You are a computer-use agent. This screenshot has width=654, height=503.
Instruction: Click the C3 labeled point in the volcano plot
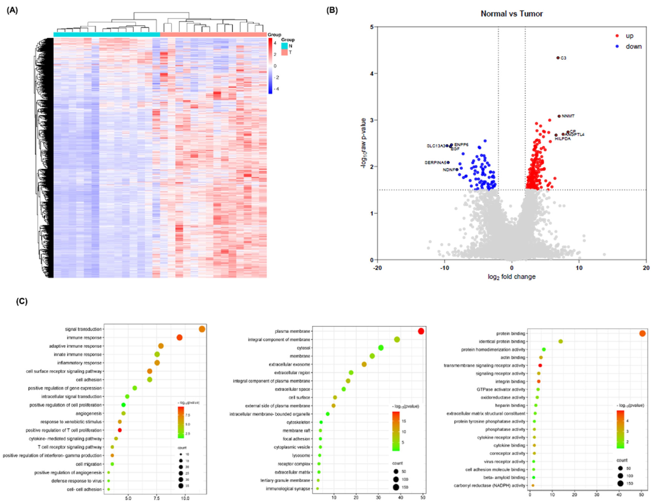[558, 58]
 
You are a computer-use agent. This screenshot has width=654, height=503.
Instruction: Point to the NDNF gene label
[449, 170]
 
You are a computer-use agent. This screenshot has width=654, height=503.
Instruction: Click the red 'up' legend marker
[617, 36]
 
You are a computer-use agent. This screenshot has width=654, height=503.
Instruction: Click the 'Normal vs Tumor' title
[511, 14]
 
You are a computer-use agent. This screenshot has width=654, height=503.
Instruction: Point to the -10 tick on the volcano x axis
[445, 268]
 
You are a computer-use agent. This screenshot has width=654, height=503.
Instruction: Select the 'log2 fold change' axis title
[511, 277]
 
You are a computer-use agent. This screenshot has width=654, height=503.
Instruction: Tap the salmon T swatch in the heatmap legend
[284, 52]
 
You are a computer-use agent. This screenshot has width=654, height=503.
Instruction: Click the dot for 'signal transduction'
[202, 329]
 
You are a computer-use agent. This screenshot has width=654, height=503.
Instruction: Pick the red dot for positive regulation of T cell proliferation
[120, 430]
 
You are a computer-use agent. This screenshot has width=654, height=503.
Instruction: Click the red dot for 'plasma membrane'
[421, 331]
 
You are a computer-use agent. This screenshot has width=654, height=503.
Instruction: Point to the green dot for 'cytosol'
[381, 348]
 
